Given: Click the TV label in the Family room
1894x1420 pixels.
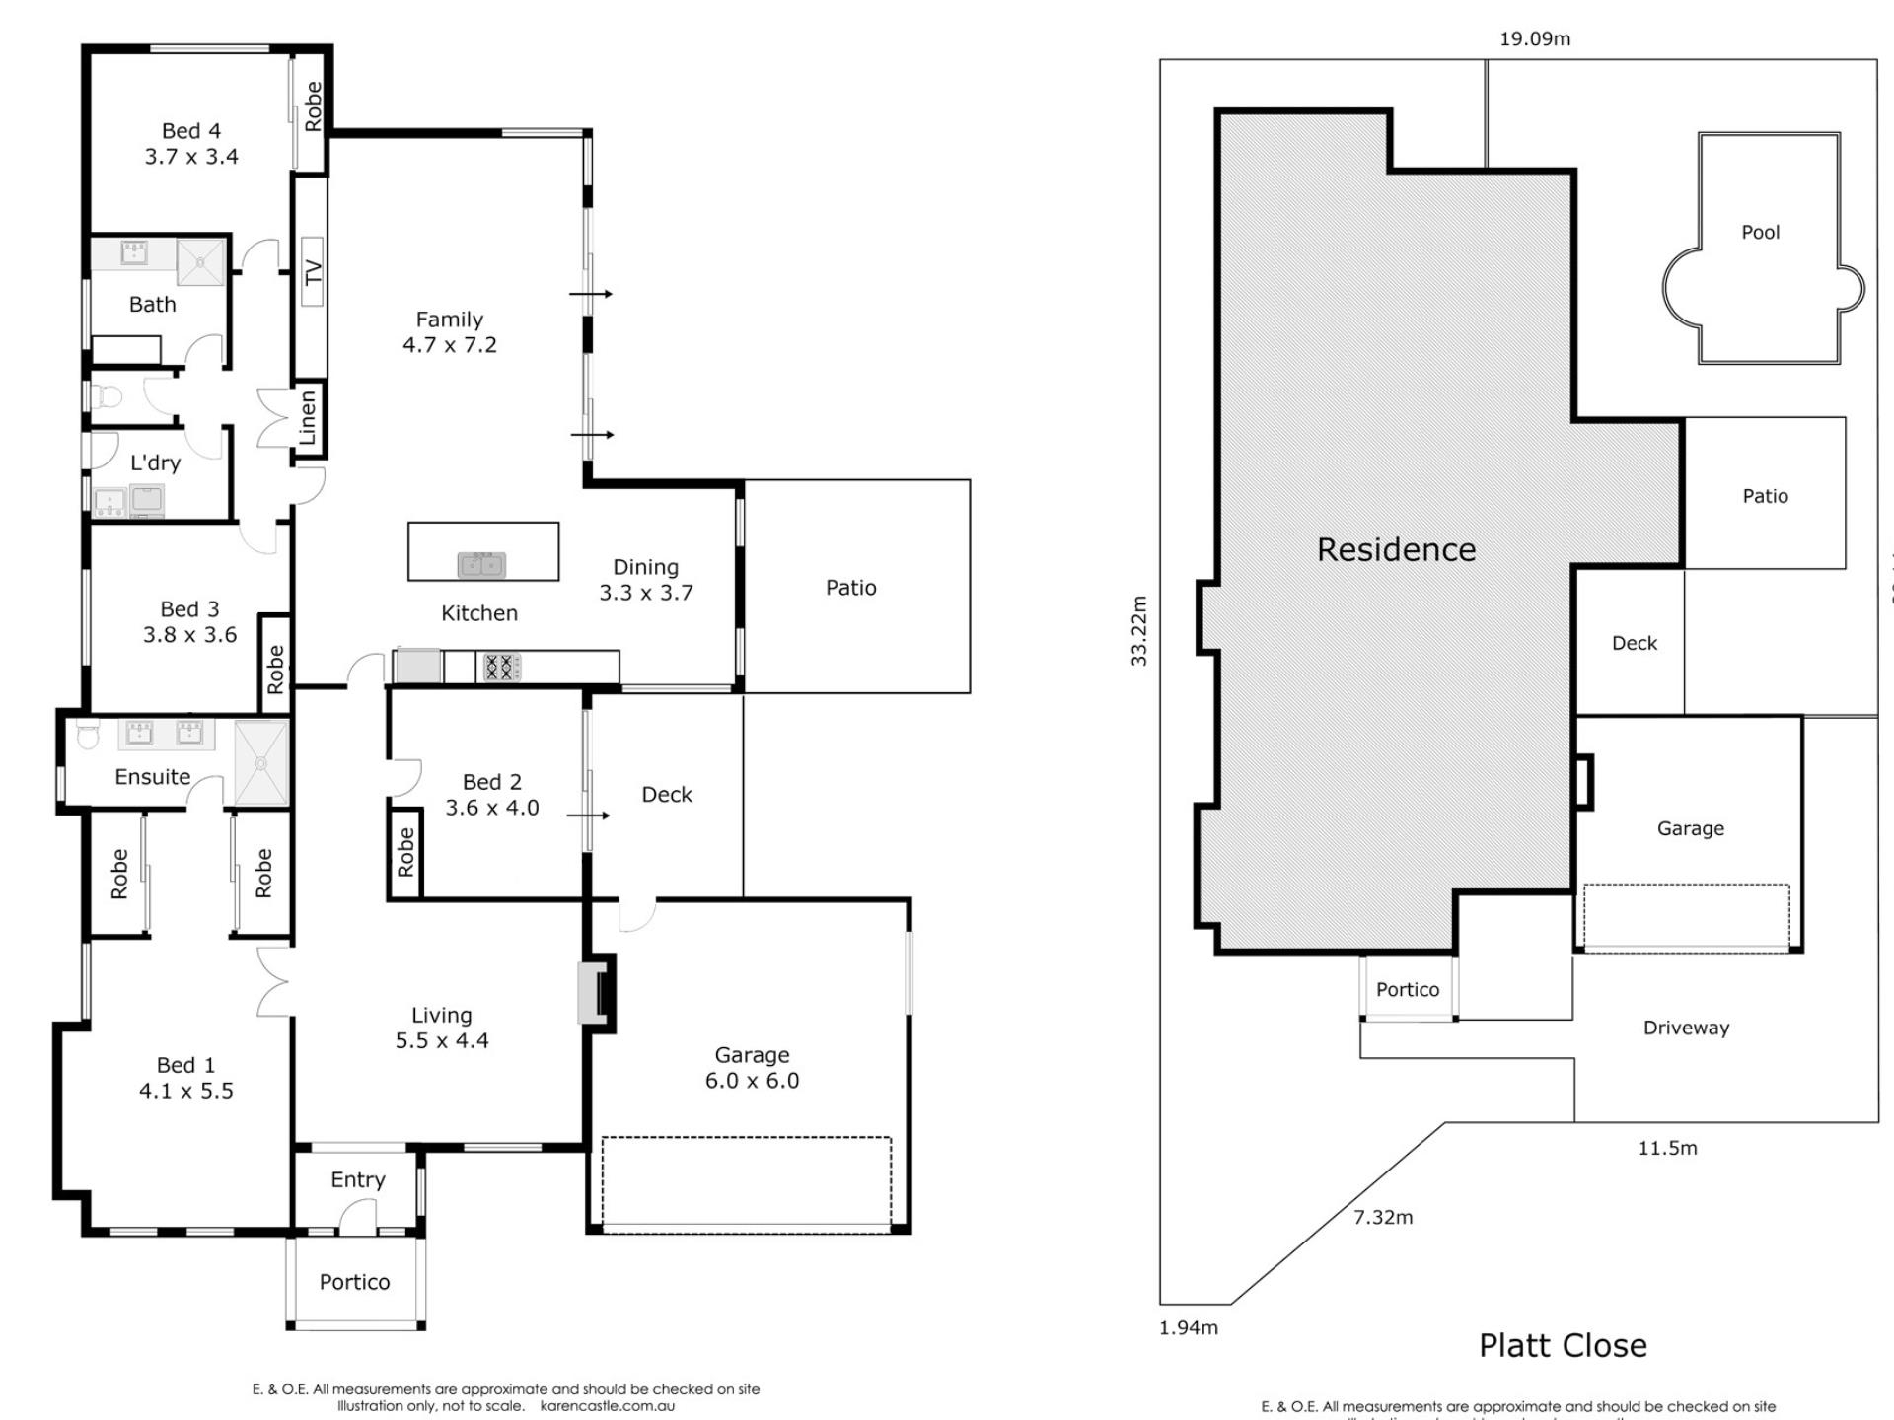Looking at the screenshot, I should pos(313,272).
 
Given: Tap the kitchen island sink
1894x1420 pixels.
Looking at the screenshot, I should pos(481,565).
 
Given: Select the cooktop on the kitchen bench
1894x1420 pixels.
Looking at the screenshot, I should pos(500,668).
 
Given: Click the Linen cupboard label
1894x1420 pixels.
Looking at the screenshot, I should pos(308,417).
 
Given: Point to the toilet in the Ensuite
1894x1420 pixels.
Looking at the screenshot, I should pos(88,737).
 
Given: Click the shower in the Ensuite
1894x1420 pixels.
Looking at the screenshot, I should pos(261,762).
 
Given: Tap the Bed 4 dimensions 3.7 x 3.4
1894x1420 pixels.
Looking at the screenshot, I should pos(191,157).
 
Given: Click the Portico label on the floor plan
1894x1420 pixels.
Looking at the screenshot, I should pos(354,1282).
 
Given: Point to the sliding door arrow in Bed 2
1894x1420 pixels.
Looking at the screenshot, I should pos(589,816).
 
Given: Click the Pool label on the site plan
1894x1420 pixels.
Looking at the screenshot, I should pos(1761,233).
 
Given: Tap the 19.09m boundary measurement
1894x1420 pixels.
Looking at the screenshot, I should pos(1535,39).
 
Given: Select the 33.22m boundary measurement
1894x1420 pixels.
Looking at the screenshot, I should pos(1139,631).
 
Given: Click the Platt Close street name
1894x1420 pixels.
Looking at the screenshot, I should pos(1563,1346).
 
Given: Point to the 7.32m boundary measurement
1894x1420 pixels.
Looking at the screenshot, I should pos(1383,1218).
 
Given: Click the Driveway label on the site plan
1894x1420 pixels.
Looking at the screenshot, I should pos(1686,1028).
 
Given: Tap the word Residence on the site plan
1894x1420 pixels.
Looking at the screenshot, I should pos(1396,550).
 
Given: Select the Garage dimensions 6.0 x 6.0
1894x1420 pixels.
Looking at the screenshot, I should pos(752,1081).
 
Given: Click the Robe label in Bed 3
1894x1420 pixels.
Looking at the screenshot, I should pos(275,669).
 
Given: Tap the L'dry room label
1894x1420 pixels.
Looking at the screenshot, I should pos(156,462).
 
